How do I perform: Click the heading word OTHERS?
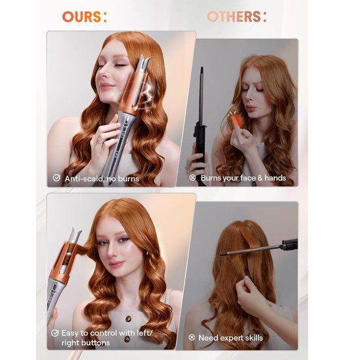(233, 17)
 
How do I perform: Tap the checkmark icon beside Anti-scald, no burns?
(57, 177)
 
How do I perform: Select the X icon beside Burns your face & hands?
(192, 177)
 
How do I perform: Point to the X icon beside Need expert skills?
(192, 338)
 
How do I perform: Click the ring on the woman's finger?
(100, 139)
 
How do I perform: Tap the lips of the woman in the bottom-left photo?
(116, 264)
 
